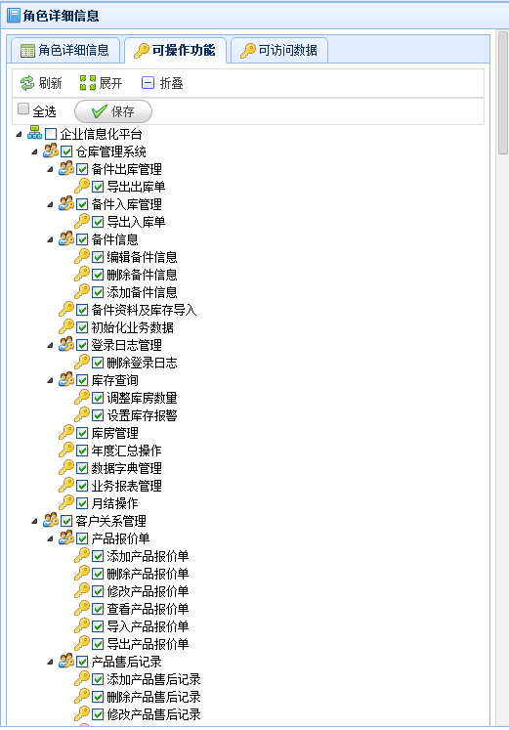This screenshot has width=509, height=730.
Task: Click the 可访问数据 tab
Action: pyautogui.click(x=279, y=50)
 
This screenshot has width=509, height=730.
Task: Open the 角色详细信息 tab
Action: pyautogui.click(x=65, y=50)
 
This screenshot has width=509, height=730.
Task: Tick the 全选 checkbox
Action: pyautogui.click(x=23, y=108)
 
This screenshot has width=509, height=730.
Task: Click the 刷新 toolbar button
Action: pyautogui.click(x=41, y=83)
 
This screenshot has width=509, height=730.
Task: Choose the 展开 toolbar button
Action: pyautogui.click(x=101, y=83)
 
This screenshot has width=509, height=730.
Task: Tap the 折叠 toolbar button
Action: pyautogui.click(x=162, y=83)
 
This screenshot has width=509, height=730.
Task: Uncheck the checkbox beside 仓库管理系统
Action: pyautogui.click(x=66, y=151)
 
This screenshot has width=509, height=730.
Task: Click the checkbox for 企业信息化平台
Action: pyautogui.click(x=51, y=134)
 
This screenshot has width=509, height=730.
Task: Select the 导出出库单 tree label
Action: pyautogui.click(x=136, y=187)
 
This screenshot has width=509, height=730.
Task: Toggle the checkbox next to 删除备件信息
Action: pyautogui.click(x=98, y=275)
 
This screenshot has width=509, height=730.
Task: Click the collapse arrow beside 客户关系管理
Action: pyautogui.click(x=34, y=522)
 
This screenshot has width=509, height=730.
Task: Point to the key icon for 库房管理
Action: pyautogui.click(x=66, y=433)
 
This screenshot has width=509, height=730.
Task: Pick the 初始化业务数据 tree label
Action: pyautogui.click(x=132, y=327)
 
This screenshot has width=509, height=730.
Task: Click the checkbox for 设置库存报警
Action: pyautogui.click(x=98, y=415)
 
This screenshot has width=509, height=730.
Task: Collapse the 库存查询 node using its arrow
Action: pyautogui.click(x=50, y=381)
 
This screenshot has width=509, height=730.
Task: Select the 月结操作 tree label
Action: pyautogui.click(x=114, y=503)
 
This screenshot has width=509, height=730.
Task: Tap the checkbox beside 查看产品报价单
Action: pyautogui.click(x=98, y=609)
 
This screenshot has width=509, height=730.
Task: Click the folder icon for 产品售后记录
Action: pyautogui.click(x=66, y=661)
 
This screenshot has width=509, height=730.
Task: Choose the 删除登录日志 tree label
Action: pyautogui.click(x=142, y=363)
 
